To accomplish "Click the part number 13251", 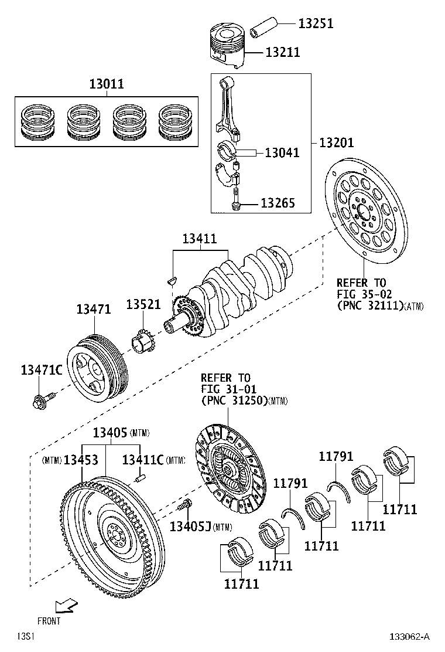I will [x=316, y=23].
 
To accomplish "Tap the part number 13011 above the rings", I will [x=106, y=84].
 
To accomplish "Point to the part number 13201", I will [x=336, y=142].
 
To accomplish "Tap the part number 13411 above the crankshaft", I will [x=199, y=239].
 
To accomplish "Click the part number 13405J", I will [x=190, y=527].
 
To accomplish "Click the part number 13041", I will [x=282, y=153].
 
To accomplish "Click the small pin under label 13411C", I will [x=140, y=478].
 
